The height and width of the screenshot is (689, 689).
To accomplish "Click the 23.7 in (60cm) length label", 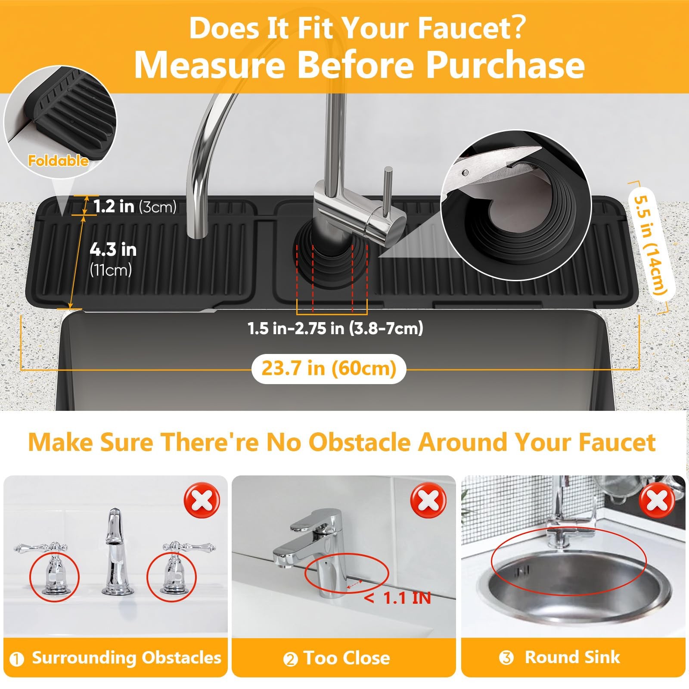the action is [329, 369].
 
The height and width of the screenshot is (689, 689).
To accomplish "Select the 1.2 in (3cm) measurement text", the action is [135, 207].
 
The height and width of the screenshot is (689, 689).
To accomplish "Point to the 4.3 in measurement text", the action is [113, 249].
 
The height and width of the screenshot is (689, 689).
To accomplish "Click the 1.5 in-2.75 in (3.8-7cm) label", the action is [335, 329].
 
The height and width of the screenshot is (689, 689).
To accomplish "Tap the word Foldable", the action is [58, 161].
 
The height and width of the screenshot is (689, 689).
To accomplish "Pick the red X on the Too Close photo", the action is [428, 501].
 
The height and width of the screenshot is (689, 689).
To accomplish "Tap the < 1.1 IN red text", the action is [397, 598].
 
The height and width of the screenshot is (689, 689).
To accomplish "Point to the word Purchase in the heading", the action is [505, 65].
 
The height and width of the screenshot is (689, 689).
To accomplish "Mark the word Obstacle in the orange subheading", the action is [360, 442].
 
